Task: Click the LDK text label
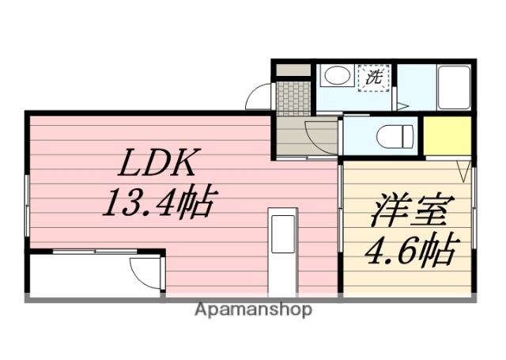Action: coord(157,164)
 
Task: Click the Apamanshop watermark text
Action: coord(253,309)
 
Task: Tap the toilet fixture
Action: coord(392,135)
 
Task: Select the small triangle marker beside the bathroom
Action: coord(402,105)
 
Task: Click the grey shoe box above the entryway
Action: coord(293,70)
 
